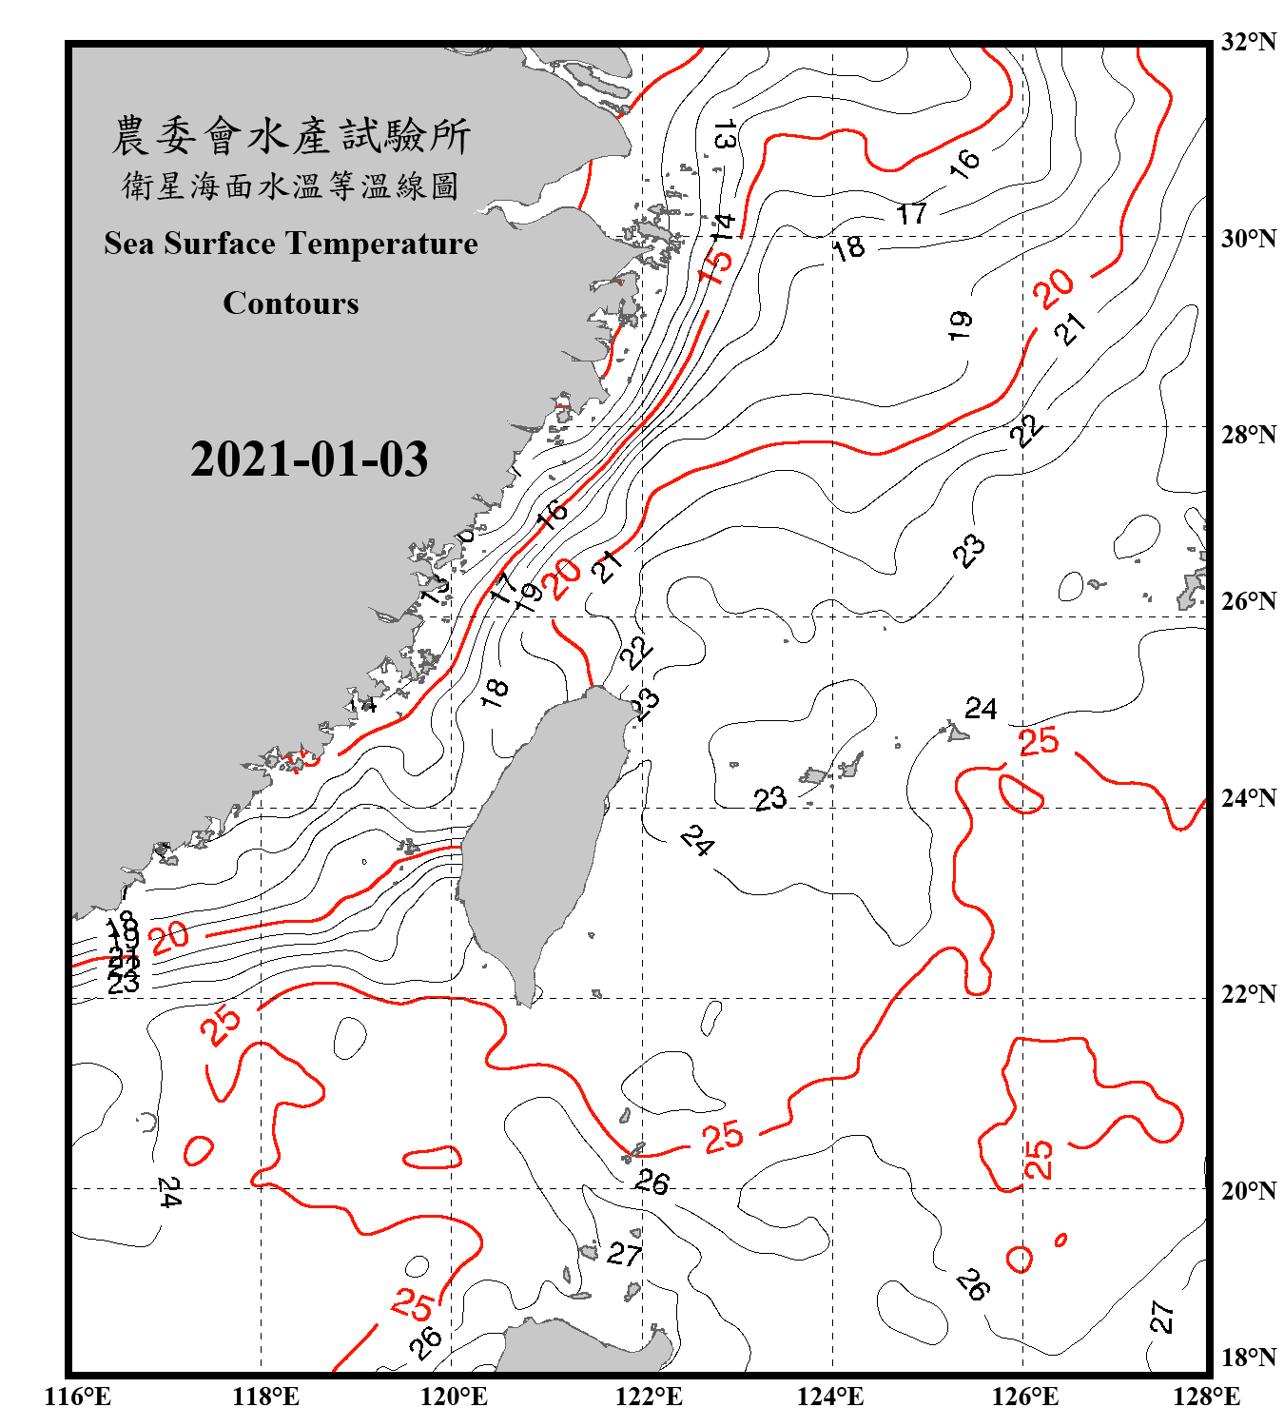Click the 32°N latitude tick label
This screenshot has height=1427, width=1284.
[x=1249, y=42]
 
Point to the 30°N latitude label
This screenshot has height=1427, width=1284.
[x=1249, y=238]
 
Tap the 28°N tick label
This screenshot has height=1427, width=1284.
[x=1249, y=435]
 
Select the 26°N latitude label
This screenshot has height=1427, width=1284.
[x=1249, y=601]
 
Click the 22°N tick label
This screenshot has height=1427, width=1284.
[x=1249, y=994]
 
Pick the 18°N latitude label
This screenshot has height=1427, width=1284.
[x=1249, y=1358]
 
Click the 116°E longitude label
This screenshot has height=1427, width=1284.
[x=77, y=1397]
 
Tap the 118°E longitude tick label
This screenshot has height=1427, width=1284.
[x=265, y=1397]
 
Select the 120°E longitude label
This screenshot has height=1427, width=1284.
[x=454, y=1397]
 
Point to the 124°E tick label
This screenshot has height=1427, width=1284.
[x=830, y=1397]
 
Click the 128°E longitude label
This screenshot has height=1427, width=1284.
[x=1206, y=1397]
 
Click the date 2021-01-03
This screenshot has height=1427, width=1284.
[x=309, y=459]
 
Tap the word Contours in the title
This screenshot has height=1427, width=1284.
[x=291, y=303]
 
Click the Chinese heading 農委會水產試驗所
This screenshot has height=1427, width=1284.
[x=291, y=136]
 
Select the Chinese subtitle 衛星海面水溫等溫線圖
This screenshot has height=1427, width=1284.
[x=291, y=186]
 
